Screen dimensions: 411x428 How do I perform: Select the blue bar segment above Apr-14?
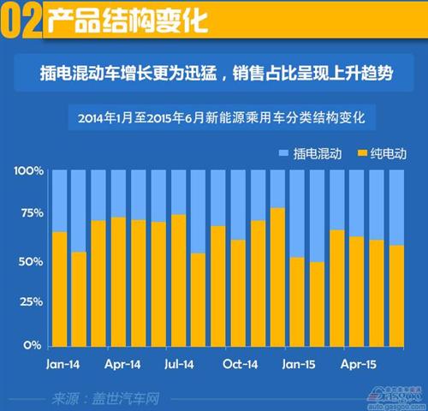tap(118, 194)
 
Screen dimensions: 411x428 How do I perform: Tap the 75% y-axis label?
tap(31, 216)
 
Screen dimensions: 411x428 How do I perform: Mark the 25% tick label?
tap(31, 302)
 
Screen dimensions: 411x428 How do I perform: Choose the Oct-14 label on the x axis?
tap(241, 363)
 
